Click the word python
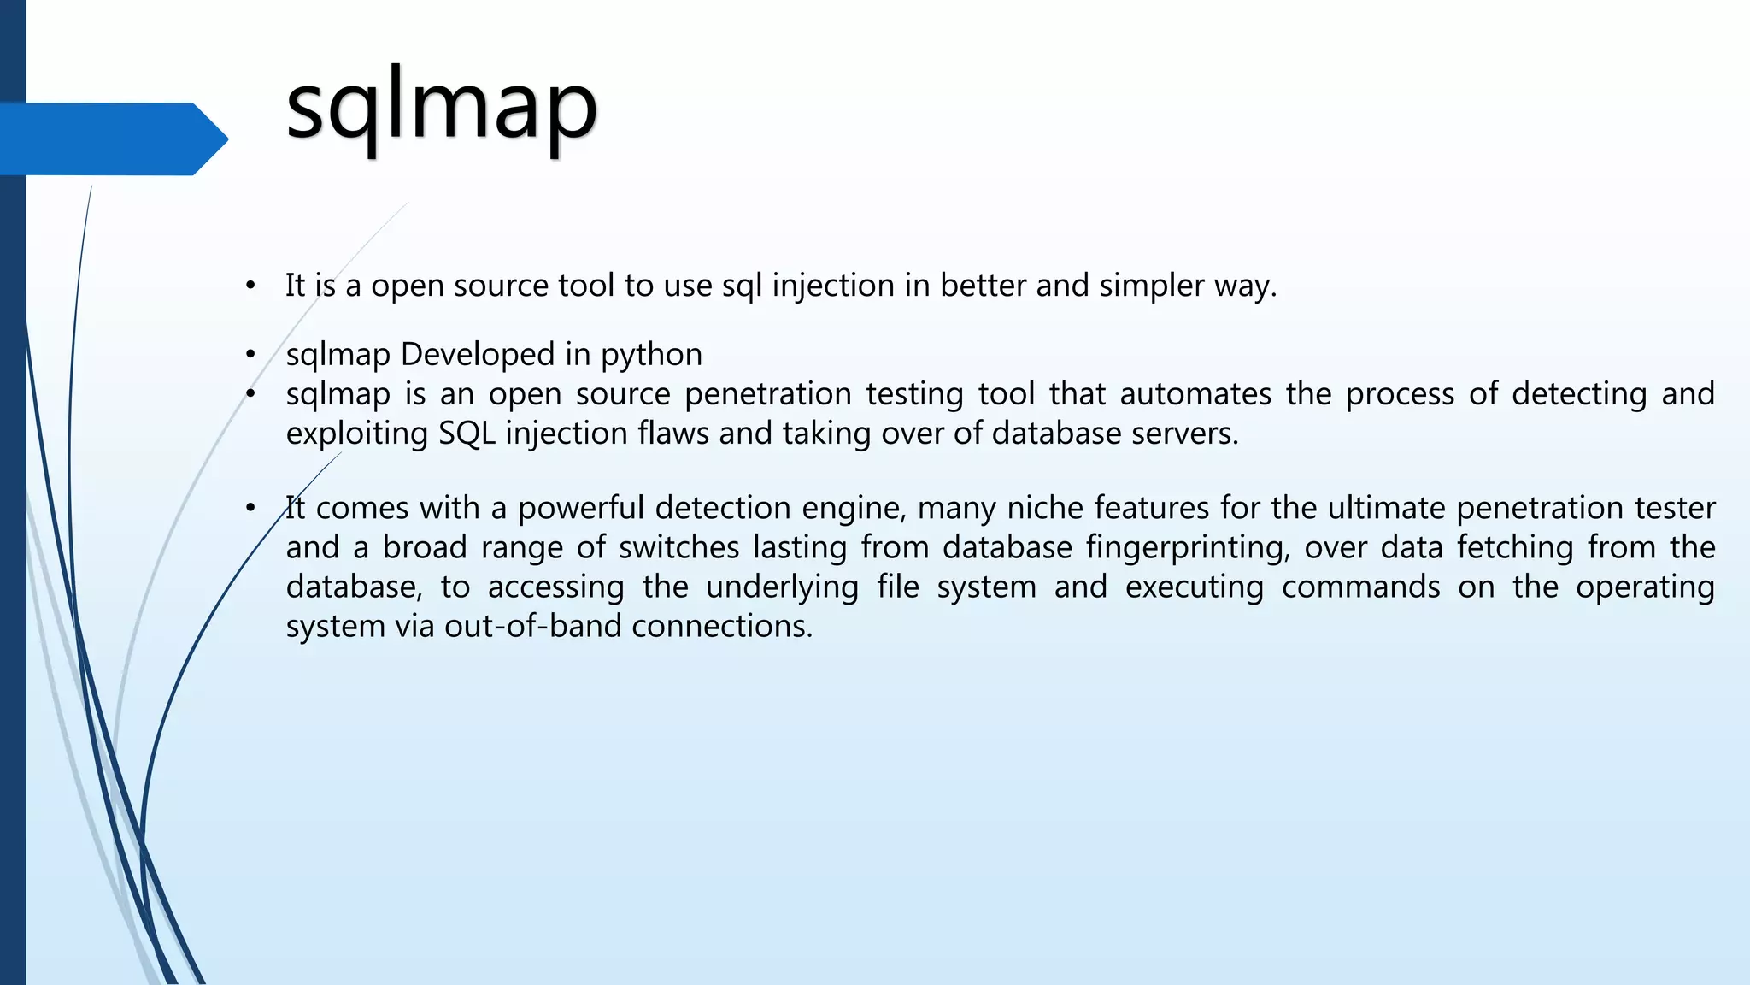[651, 355]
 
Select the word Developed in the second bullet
[478, 355]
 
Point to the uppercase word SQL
[467, 434]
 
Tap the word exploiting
[356, 434]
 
